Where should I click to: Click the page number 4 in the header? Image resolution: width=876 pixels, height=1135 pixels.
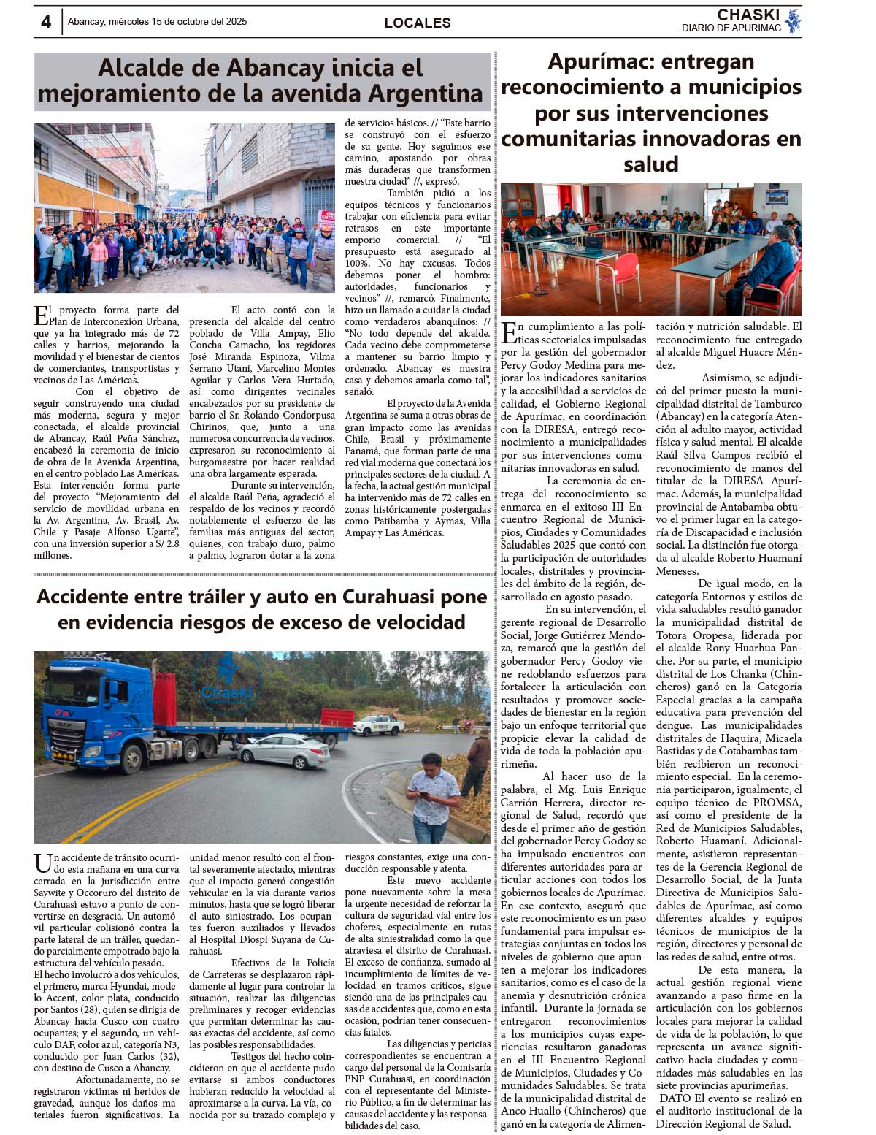coord(46,22)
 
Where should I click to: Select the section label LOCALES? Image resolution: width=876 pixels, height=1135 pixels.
coord(418,23)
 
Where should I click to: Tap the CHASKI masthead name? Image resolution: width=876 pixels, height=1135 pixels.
coord(748,15)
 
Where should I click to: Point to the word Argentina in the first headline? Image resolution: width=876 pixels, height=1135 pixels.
coord(426,94)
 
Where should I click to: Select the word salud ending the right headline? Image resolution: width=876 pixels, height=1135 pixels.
coord(650,164)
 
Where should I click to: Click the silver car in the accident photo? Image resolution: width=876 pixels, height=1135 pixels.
coord(285,749)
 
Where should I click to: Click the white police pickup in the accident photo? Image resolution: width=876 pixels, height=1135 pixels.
coord(378,725)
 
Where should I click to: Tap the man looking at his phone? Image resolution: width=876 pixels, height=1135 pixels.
coord(432,796)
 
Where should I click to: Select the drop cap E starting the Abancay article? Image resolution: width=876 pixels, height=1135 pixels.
coord(41,316)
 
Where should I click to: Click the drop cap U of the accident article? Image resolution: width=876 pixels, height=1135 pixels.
coord(42,863)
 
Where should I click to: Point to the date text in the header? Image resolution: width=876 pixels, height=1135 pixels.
coord(157,22)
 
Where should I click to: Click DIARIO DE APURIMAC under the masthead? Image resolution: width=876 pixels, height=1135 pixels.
coord(731,28)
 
